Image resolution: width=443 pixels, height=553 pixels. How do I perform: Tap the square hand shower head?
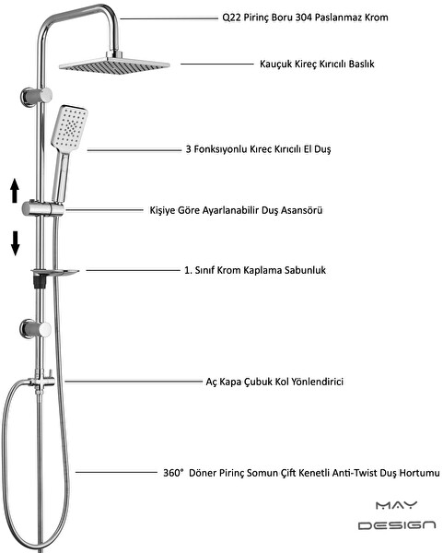tap(69, 127)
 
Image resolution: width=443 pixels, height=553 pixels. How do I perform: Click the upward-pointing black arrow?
tap(15, 191)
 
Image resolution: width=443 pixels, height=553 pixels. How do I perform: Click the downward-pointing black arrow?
tap(15, 243)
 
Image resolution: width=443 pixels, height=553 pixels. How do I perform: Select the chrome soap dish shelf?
tap(55, 272)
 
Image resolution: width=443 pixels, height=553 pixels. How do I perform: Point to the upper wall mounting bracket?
tap(36, 96)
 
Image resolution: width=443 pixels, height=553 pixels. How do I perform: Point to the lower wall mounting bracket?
tap(35, 329)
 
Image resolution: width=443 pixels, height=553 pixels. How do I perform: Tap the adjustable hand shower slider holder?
tap(42, 208)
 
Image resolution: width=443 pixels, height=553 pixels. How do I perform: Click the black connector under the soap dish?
tap(40, 282)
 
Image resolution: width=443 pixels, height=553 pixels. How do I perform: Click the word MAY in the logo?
tap(396, 505)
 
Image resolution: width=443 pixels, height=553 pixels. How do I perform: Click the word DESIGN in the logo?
tap(397, 525)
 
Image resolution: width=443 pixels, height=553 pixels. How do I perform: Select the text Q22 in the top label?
tap(231, 18)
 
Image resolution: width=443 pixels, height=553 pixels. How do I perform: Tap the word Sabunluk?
tap(305, 270)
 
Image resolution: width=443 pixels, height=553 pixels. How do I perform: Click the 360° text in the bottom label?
tap(173, 473)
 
